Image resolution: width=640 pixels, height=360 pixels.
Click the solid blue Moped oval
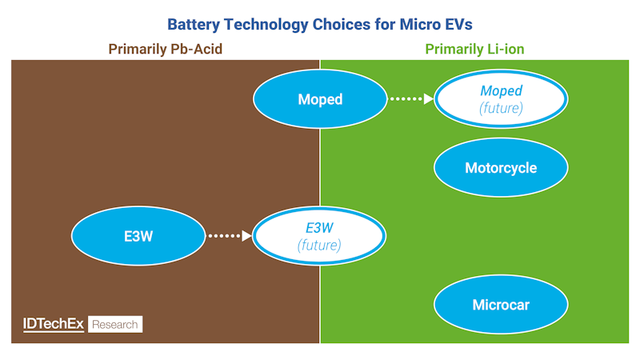click(320, 99)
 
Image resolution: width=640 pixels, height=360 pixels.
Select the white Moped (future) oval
click(501, 99)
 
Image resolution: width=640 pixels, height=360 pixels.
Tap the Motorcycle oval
click(501, 168)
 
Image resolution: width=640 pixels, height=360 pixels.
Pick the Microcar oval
click(501, 305)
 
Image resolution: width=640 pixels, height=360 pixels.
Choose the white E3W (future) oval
click(320, 236)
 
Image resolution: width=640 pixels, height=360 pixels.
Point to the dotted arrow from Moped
click(410, 99)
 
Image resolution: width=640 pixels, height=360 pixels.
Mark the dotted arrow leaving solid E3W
click(230, 236)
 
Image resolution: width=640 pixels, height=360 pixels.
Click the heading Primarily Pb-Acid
click(165, 50)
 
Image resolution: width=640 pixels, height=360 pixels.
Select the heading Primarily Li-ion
click(474, 50)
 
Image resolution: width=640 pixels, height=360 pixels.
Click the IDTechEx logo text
click(53, 324)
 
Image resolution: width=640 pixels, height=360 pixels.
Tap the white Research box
click(115, 324)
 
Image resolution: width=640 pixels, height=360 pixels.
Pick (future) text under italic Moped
click(501, 108)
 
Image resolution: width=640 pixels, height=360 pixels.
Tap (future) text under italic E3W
click(320, 245)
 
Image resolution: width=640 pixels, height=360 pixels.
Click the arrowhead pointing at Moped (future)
click(428, 99)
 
